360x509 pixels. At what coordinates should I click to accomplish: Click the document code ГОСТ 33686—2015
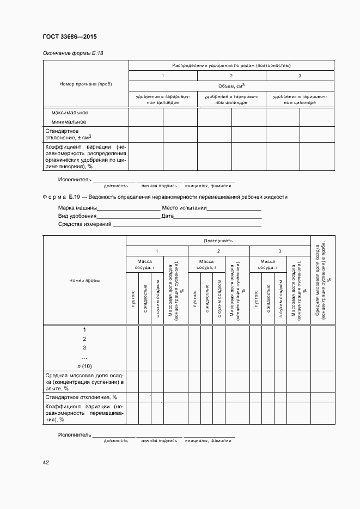tap(70, 38)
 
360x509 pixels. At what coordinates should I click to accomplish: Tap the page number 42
tap(46, 462)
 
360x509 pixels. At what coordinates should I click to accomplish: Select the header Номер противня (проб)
tap(86, 84)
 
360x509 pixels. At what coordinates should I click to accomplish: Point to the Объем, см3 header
tap(231, 86)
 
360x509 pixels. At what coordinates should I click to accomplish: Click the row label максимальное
tap(69, 113)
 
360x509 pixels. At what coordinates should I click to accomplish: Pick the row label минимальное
tap(69, 122)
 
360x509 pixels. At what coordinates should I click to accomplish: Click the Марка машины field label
tap(77, 208)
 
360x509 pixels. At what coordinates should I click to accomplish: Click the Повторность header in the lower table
tap(218, 240)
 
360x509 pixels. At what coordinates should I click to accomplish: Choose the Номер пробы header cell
tap(84, 280)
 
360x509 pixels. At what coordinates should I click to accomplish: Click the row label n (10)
tap(84, 366)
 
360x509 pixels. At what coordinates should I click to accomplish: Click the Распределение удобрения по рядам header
tap(231, 65)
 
